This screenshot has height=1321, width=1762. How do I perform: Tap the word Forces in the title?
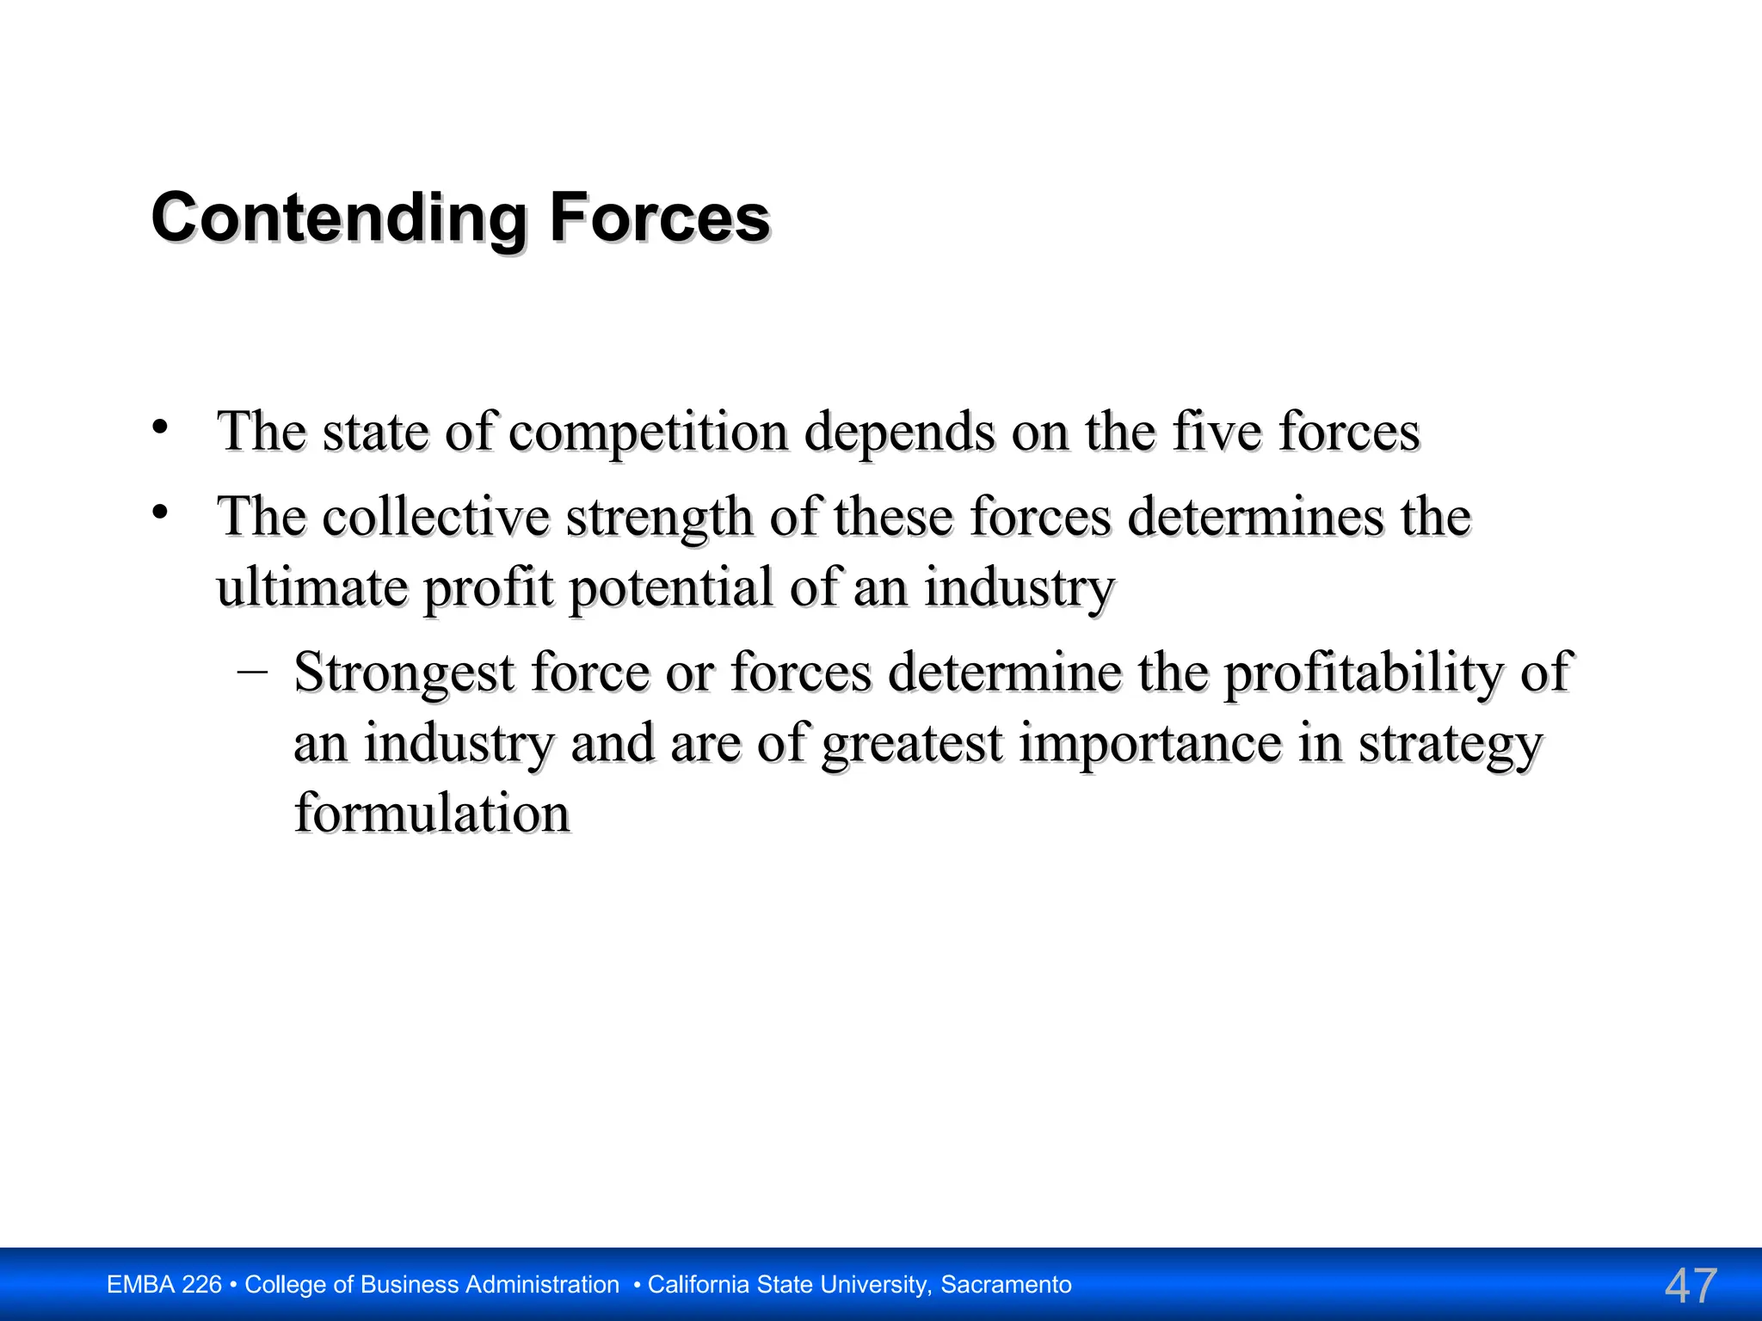[659, 218]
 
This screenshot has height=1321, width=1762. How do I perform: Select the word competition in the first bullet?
[648, 432]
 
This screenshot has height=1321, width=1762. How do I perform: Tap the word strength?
[659, 519]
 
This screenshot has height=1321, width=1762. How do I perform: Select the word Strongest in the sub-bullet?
[404, 673]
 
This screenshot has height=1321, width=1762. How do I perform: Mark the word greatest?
[912, 744]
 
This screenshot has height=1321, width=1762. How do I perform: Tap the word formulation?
[432, 813]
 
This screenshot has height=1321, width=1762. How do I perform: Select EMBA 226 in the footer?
[163, 1285]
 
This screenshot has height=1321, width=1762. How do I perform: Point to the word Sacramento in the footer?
[1006, 1285]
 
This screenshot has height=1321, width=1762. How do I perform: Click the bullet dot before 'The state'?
[160, 427]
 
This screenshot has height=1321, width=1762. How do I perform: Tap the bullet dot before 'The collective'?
[160, 513]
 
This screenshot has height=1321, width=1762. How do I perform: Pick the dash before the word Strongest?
[251, 671]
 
